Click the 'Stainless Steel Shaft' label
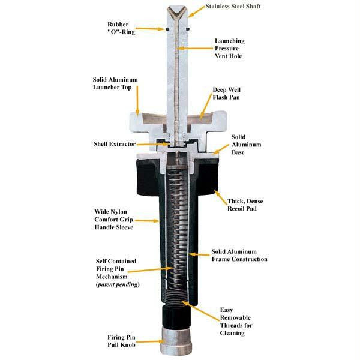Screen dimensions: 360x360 pos(233,7)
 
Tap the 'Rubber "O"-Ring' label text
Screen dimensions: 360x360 pos(121,28)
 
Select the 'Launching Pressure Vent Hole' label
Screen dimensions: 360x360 pos(230,49)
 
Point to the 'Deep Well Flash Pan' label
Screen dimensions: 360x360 pos(226,94)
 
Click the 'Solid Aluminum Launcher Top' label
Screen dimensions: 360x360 pos(115,83)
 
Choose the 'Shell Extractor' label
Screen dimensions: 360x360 pos(115,144)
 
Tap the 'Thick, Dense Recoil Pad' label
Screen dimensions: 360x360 pos(245,205)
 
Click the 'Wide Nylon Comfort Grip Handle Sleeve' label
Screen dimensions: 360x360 pos(114,220)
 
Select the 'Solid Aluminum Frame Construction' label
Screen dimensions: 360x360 pos(239,256)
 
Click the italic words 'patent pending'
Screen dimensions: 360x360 pos(118,284)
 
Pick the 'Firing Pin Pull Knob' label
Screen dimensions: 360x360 pos(121,341)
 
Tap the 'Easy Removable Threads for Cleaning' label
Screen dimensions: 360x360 pos(236,322)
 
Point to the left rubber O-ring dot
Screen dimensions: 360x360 pos(167,29)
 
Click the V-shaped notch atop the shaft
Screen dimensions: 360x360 pos(177,13)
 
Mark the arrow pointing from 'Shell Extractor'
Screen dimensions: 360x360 pos(152,144)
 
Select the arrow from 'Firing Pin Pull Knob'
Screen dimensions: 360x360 pos(151,341)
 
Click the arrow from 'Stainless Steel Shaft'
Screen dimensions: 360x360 pos(196,11)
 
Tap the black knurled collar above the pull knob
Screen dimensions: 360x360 pos(176,316)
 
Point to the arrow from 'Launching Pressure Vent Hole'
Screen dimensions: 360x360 pos(195,48)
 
